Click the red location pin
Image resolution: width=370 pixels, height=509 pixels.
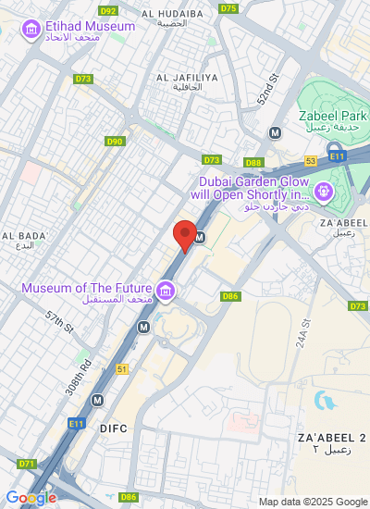coord(185,235)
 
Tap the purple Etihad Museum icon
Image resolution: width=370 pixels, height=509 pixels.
coord(32,30)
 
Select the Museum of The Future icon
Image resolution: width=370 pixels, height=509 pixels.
coord(166,293)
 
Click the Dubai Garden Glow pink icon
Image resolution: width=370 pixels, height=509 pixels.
coord(324,192)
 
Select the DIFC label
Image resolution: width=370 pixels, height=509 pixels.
coord(113,428)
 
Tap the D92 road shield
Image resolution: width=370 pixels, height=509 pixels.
coord(108,10)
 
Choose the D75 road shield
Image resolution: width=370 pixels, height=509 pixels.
coord(228,8)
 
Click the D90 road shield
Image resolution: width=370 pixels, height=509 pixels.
coord(115,142)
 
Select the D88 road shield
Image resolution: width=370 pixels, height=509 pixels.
coord(254,163)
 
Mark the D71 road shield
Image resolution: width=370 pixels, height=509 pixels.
coord(26,464)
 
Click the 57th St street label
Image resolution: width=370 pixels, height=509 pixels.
coord(59,321)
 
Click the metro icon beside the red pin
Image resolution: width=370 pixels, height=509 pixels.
coord(198,238)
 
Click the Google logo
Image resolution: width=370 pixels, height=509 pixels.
coord(31,497)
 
